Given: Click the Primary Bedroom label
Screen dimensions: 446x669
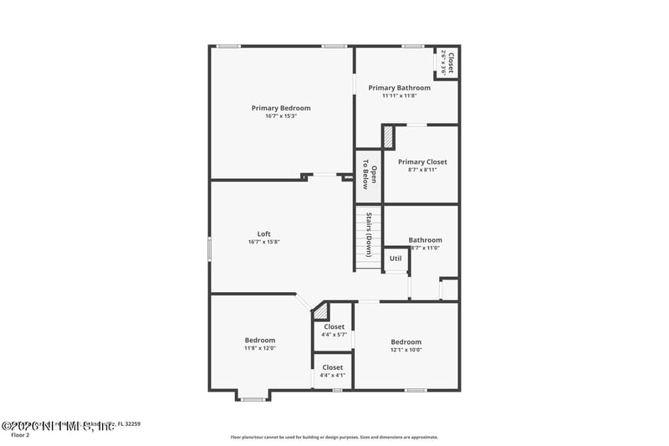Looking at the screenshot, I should pyautogui.click(x=281, y=108).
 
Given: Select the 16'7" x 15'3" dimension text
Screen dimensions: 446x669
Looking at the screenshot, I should pyautogui.click(x=281, y=116).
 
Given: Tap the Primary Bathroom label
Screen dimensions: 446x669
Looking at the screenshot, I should pyautogui.click(x=399, y=88).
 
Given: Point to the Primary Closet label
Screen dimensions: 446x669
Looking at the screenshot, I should pyautogui.click(x=421, y=161).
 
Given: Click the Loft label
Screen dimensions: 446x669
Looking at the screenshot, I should pyautogui.click(x=263, y=233).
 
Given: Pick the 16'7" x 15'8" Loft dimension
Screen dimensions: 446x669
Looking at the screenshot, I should pyautogui.click(x=263, y=242).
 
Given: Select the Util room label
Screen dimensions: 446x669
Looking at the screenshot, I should pyautogui.click(x=396, y=259).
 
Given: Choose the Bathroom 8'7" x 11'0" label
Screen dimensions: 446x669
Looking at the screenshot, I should pyautogui.click(x=425, y=240).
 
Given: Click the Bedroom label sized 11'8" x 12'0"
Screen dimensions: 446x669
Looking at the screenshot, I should pyautogui.click(x=259, y=340).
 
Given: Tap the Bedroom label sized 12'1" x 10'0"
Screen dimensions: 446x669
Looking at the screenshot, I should pyautogui.click(x=406, y=341).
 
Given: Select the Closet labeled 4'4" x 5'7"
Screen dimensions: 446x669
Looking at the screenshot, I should pyautogui.click(x=334, y=327).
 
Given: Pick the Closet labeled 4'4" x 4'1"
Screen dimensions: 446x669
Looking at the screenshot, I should pyautogui.click(x=333, y=367).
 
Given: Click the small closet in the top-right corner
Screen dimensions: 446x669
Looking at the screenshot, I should pyautogui.click(x=447, y=63).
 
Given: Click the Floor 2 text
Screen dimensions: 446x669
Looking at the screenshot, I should pyautogui.click(x=20, y=435).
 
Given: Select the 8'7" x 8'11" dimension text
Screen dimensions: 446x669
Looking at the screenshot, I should pyautogui.click(x=421, y=170).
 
